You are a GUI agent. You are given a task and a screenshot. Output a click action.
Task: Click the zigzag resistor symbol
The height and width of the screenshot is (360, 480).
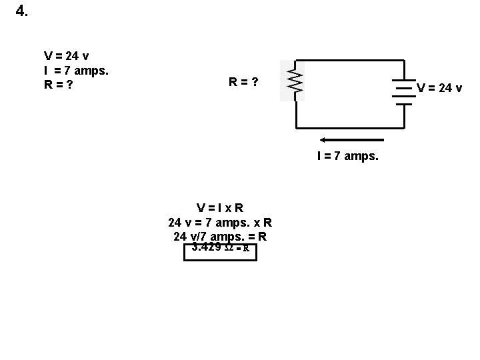tap(294, 81)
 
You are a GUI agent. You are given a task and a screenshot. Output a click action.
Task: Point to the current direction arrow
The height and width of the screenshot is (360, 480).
tap(352, 140)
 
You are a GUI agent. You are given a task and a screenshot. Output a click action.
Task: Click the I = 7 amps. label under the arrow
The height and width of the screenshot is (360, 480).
tap(348, 156)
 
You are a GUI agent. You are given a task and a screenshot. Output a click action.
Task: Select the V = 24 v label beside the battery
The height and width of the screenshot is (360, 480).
tap(439, 87)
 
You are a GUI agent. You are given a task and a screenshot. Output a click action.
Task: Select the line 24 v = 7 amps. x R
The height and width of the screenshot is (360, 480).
tap(220, 221)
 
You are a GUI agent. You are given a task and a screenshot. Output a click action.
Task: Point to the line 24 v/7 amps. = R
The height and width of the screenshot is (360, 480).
tap(220, 236)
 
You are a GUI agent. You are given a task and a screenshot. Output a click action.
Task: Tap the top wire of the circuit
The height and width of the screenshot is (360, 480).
tap(350, 61)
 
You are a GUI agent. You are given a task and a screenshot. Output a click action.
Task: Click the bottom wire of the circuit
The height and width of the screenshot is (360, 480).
tap(350, 127)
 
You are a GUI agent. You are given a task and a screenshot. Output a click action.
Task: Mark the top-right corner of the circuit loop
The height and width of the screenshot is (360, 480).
tap(404, 61)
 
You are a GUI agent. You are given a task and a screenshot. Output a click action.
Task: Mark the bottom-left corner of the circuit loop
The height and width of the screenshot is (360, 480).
tap(295, 127)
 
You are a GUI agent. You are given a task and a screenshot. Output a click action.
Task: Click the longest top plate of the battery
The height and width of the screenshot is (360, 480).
tap(404, 83)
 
